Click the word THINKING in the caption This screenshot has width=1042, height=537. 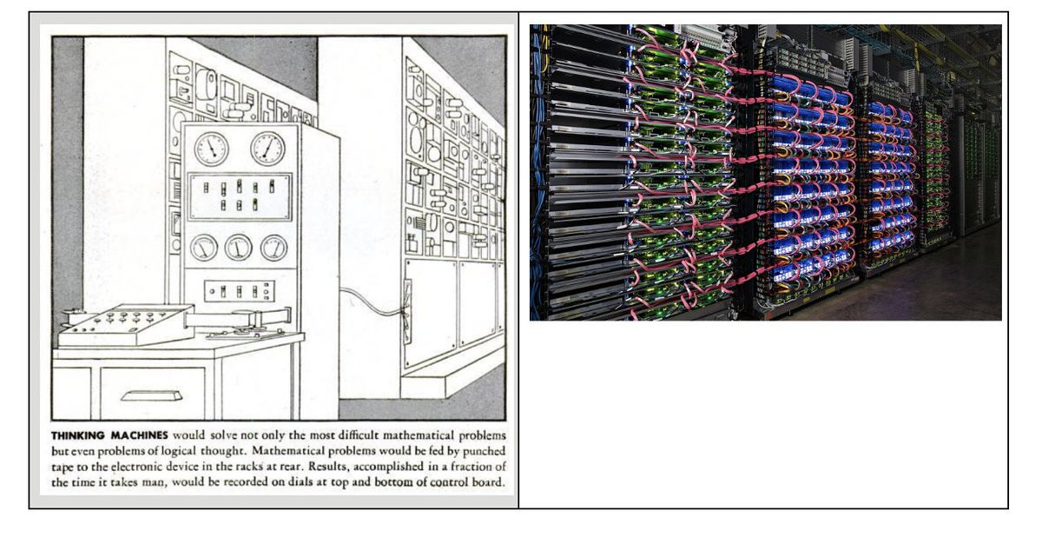click(x=81, y=434)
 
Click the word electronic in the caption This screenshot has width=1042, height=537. click(x=129, y=467)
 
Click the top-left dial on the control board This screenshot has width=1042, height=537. click(x=211, y=149)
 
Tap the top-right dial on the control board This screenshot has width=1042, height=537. click(x=267, y=149)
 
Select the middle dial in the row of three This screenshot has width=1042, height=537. click(x=238, y=249)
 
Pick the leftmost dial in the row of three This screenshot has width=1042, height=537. click(x=204, y=249)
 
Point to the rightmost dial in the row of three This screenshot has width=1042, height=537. click(x=274, y=249)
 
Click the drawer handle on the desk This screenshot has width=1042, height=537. click(x=151, y=396)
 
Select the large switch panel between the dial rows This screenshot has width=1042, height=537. click(x=241, y=196)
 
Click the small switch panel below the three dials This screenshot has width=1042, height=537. click(x=240, y=291)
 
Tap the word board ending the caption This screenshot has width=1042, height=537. click(x=485, y=483)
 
